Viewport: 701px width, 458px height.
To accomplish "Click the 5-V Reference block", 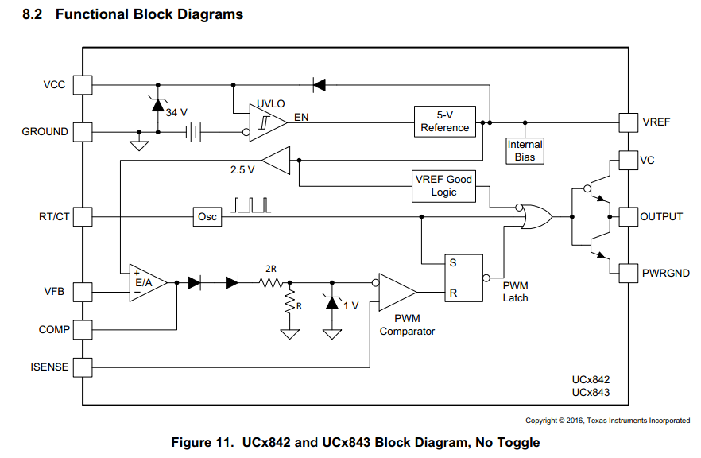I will pyautogui.click(x=444, y=122).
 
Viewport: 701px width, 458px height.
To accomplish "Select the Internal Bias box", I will pyautogui.click(x=525, y=150).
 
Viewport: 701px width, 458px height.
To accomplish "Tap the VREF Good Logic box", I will pyautogui.click(x=443, y=186).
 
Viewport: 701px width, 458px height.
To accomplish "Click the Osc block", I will pyautogui.click(x=207, y=216).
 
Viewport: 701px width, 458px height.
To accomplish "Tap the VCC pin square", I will pyautogui.click(x=83, y=84).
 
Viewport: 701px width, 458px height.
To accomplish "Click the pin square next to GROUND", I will pyautogui.click(x=83, y=131).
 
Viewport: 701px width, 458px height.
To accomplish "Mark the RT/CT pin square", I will pyautogui.click(x=83, y=216).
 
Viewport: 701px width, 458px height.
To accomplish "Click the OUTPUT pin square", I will pyautogui.click(x=628, y=216).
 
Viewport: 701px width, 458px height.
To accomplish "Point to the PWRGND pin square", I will pyautogui.click(x=628, y=273).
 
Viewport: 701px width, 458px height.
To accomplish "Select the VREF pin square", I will pyautogui.click(x=628, y=122).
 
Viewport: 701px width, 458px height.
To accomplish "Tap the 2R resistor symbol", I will pyautogui.click(x=273, y=281).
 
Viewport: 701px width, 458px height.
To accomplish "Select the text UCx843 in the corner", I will pyautogui.click(x=591, y=393).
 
